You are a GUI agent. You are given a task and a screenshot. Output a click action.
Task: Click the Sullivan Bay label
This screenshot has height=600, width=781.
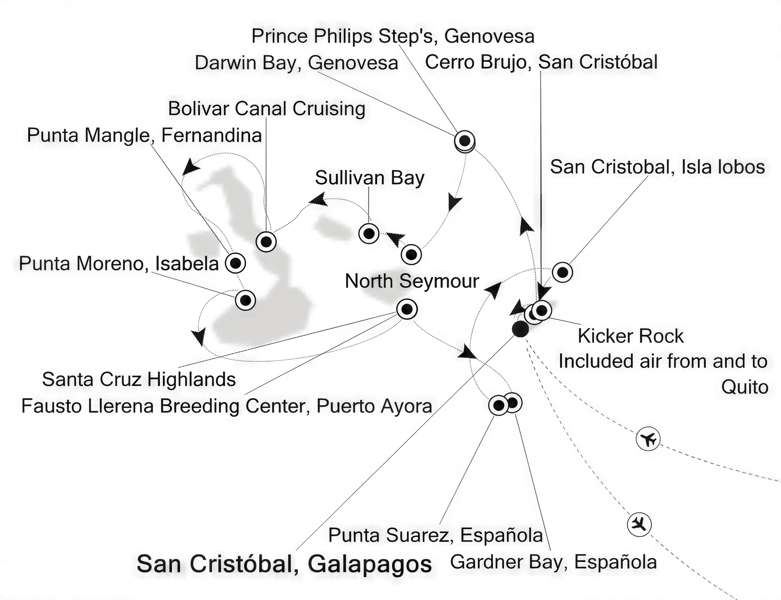[369, 178]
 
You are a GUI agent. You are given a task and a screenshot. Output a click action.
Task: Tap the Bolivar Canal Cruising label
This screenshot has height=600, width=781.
[267, 108]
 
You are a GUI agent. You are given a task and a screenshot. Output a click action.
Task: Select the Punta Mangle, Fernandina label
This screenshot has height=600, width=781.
[145, 135]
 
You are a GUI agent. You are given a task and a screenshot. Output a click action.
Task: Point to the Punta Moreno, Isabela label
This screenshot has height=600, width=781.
[119, 264]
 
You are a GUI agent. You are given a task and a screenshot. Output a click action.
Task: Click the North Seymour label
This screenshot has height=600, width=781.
[412, 281]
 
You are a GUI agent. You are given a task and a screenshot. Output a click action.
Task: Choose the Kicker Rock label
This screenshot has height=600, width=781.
[631, 336]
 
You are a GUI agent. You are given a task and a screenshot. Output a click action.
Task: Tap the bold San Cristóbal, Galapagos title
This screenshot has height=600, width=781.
[284, 564]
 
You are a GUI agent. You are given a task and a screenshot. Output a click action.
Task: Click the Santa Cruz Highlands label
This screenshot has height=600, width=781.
[139, 379]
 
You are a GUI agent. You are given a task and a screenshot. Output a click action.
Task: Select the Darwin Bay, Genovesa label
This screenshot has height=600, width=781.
[297, 63]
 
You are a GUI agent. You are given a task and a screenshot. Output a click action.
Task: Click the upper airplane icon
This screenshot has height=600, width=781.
[648, 438]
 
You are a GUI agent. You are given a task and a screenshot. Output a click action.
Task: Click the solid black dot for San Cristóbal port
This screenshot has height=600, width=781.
[520, 329]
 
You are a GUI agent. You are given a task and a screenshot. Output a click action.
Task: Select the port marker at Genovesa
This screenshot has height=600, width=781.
[465, 141]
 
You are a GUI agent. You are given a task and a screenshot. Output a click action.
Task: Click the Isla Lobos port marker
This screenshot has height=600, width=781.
[563, 272]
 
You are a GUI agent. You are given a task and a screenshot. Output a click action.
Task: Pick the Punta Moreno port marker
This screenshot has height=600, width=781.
[245, 300]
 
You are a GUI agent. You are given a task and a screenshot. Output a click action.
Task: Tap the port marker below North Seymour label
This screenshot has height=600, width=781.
[407, 309]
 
